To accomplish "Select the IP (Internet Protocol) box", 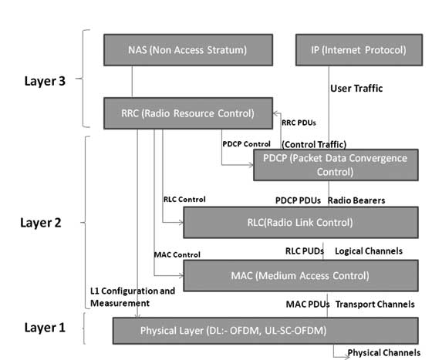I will click(x=351, y=51).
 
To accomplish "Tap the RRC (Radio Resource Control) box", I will click(x=187, y=113).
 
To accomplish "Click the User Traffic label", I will click(x=356, y=89).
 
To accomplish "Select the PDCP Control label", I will click(x=245, y=143).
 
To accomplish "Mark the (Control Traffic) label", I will click(x=314, y=143).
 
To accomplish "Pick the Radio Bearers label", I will click(x=356, y=200).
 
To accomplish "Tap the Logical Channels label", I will click(x=369, y=251).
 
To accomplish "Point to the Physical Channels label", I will click(x=384, y=353).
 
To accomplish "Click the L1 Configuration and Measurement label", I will click(x=131, y=297).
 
